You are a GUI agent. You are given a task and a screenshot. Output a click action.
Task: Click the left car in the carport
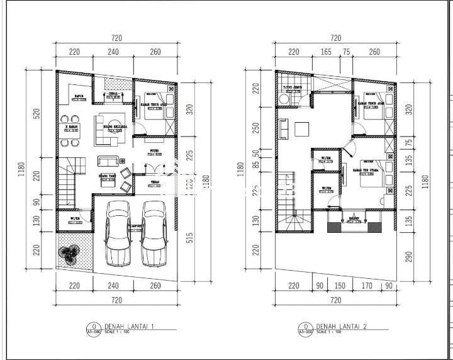[118, 234]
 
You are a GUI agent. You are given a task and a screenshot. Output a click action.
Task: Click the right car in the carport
[154, 234]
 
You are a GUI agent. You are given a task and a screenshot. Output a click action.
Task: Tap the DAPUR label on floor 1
[79, 98]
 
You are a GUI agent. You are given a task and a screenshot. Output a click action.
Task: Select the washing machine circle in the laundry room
[284, 99]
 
